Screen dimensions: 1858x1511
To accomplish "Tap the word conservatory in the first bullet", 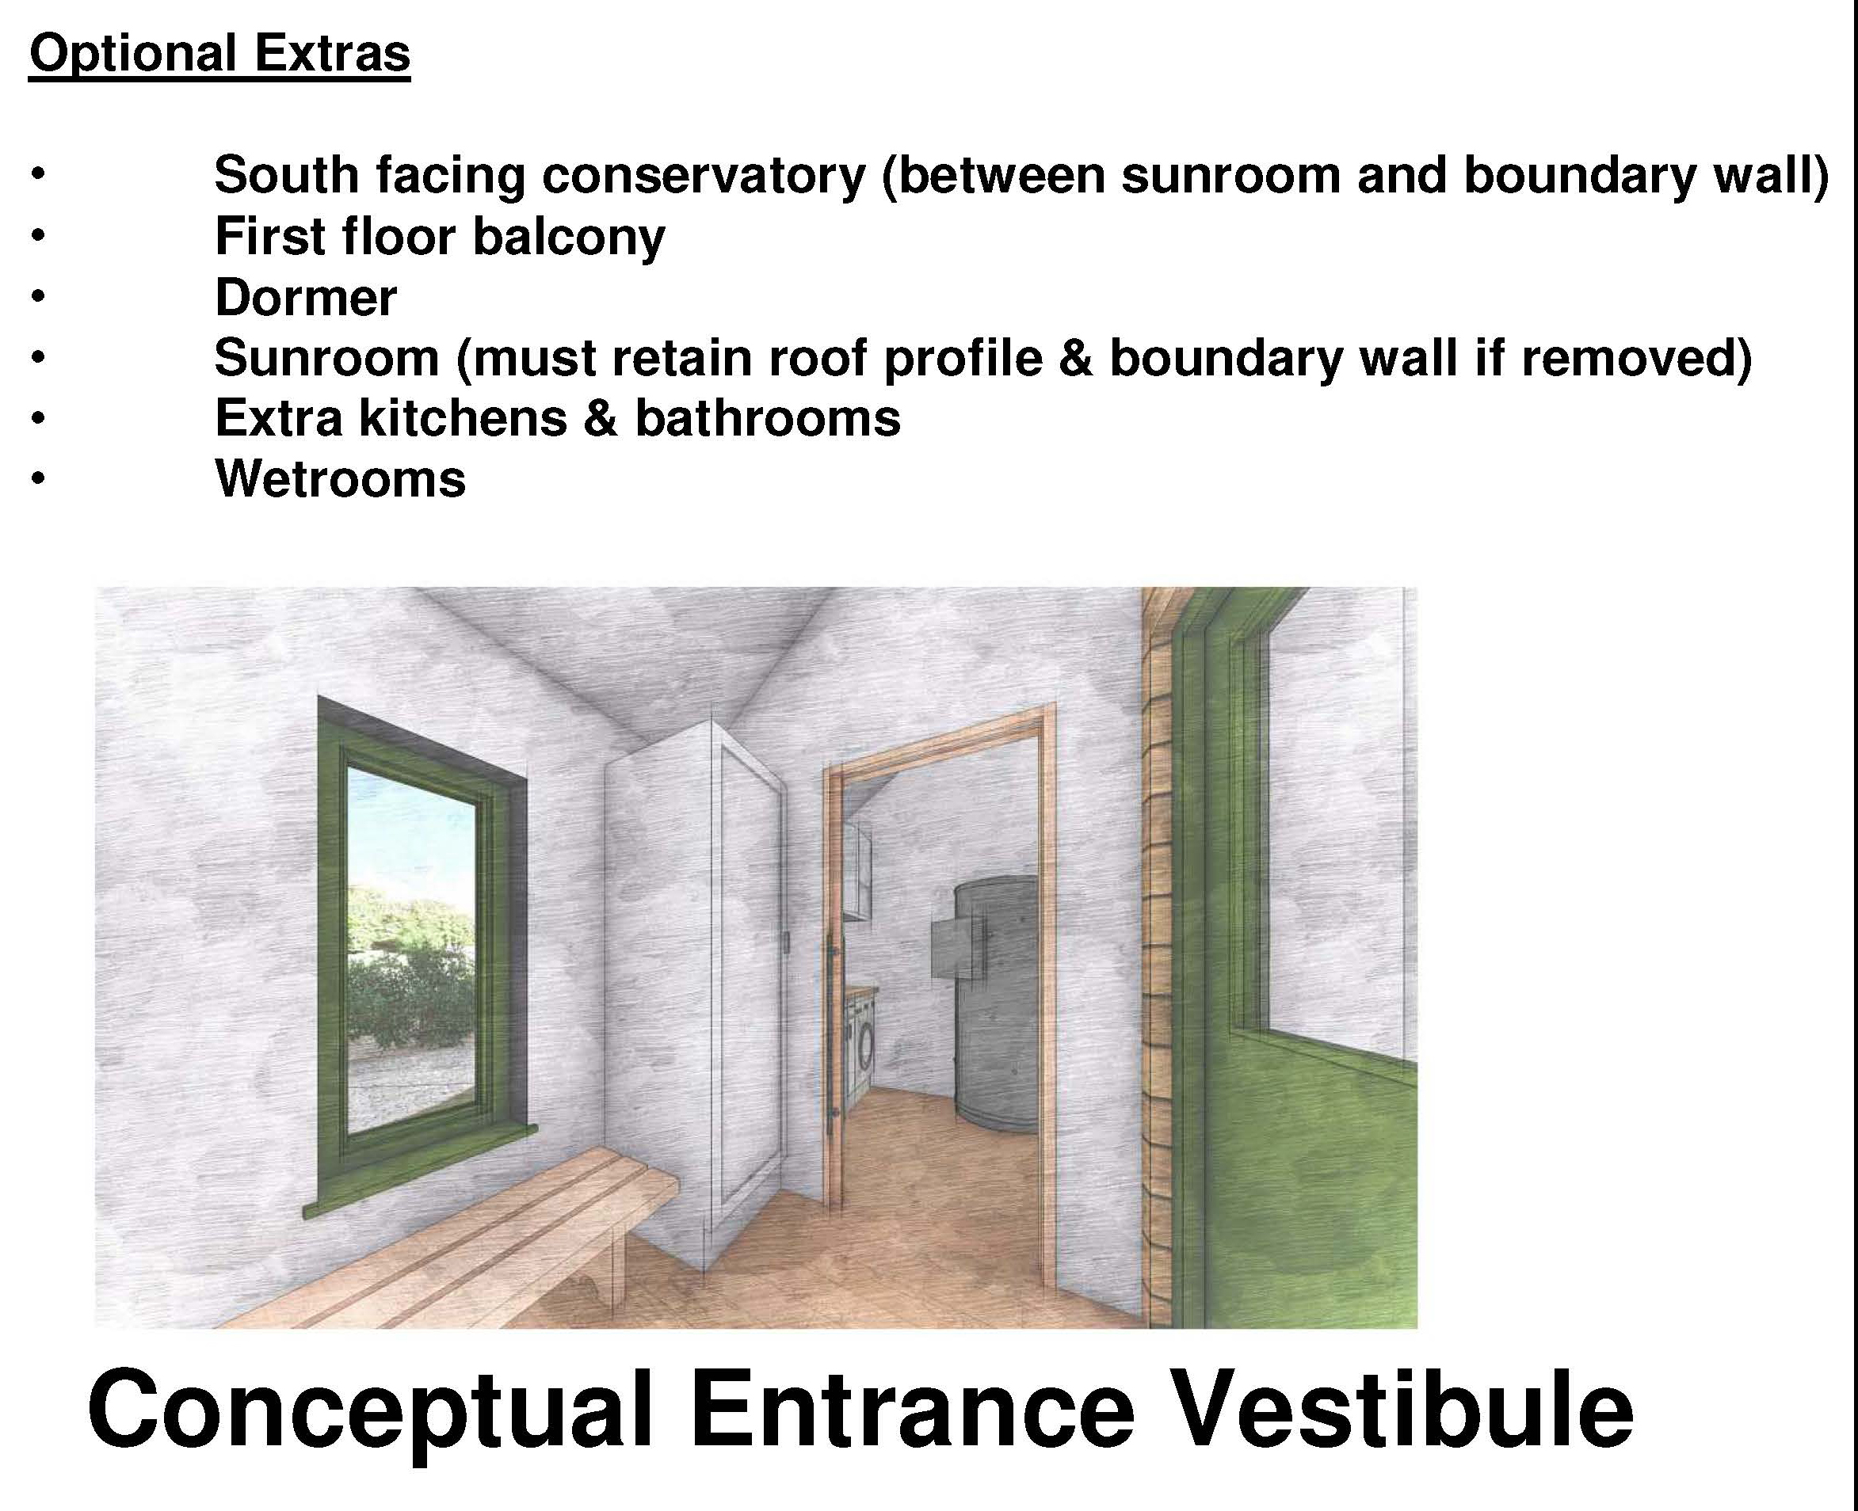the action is pos(704,174).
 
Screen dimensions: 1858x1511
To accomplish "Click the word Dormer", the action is pos(306,297).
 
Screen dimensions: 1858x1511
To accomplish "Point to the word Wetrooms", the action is pos(341,478).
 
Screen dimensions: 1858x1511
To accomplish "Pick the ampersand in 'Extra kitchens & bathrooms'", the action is pos(600,418).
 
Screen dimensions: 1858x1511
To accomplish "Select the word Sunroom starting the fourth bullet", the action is pos(326,358).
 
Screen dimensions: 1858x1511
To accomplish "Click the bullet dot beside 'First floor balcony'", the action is pos(36,235).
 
